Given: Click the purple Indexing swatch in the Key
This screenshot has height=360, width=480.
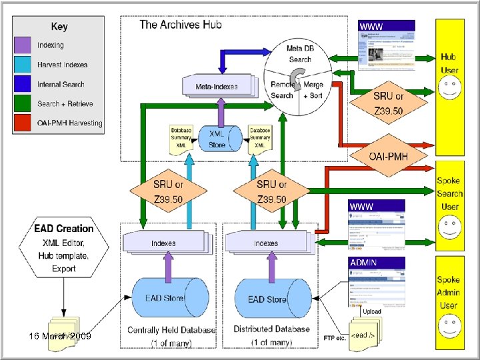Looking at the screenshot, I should tap(23, 45).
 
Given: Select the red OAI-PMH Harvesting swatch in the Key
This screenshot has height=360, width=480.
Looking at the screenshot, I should tap(23, 122).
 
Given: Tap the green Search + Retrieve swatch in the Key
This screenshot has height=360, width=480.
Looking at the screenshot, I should tap(23, 103).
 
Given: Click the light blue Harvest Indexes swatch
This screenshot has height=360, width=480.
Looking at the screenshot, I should tap(23, 65).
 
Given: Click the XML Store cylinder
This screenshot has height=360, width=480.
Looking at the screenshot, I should tap(217, 139).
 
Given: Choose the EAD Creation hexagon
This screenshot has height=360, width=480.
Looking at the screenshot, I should tap(64, 249).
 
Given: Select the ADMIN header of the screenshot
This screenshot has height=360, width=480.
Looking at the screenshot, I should tap(365, 262).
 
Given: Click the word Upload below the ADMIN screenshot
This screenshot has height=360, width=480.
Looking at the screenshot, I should tap(372, 311).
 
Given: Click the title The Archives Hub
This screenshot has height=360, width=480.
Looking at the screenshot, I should tap(180, 25).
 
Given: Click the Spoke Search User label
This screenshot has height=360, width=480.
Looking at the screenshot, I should tap(449, 193).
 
